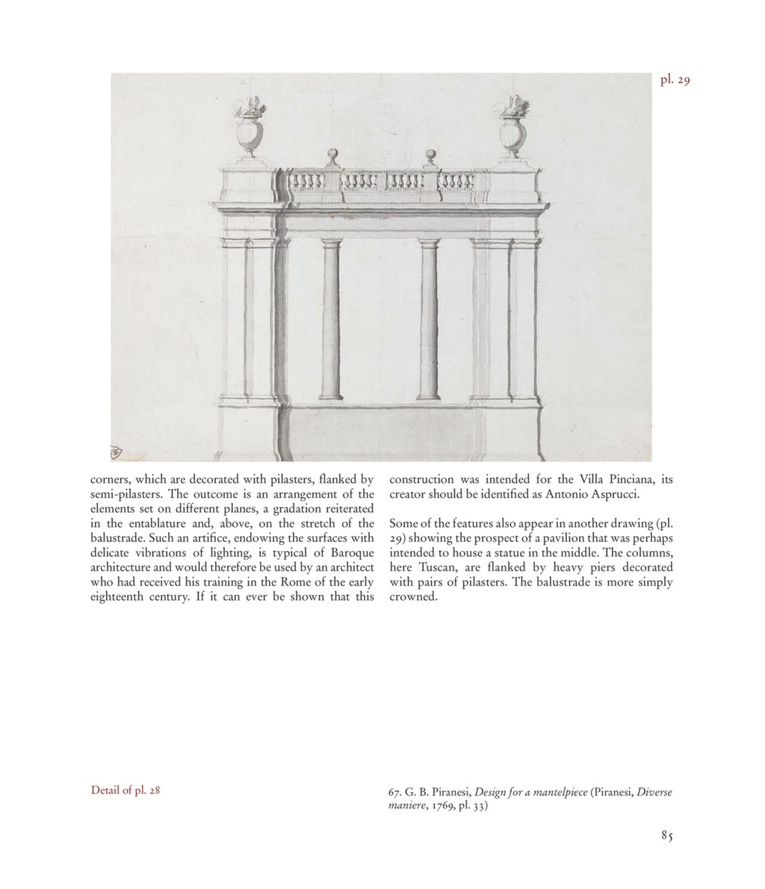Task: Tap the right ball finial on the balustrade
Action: point(430,156)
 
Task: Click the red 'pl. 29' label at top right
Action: point(675,80)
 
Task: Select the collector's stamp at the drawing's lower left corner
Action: point(115,452)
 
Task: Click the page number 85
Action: point(666,836)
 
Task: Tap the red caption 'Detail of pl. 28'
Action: point(126,789)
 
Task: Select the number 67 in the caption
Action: point(396,792)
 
